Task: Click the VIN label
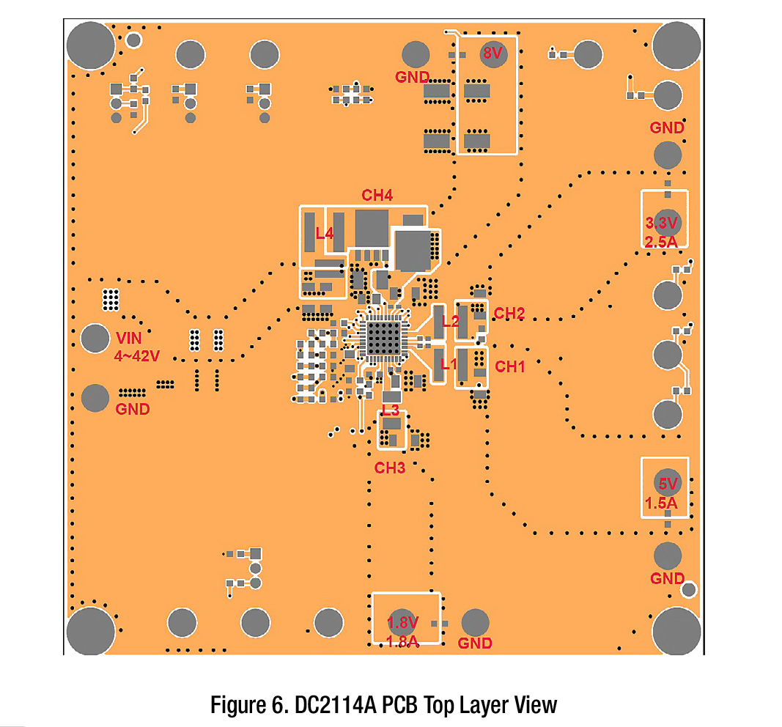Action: click(x=129, y=338)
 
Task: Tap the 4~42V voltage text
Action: click(x=136, y=356)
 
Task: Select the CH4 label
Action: click(x=377, y=195)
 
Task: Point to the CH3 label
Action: click(x=389, y=468)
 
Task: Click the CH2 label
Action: click(x=509, y=313)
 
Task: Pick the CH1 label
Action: click(x=510, y=366)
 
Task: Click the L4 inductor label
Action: click(x=324, y=233)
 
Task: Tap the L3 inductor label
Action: click(x=391, y=410)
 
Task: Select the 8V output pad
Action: click(x=493, y=53)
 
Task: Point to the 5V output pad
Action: click(x=667, y=483)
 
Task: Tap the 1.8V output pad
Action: click(x=402, y=623)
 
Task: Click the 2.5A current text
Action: click(x=661, y=242)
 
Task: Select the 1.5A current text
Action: click(x=661, y=503)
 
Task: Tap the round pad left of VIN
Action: click(x=95, y=338)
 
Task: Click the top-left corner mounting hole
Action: click(x=91, y=46)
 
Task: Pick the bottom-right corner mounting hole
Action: click(x=676, y=631)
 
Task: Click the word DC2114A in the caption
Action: click(x=336, y=704)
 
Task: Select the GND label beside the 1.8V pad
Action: click(x=475, y=643)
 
